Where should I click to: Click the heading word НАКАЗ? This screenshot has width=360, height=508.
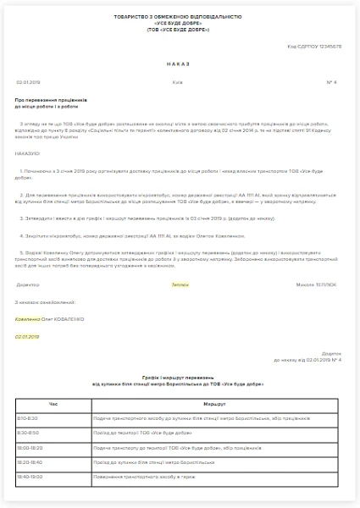(180, 63)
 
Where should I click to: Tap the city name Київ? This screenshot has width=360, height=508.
(176, 82)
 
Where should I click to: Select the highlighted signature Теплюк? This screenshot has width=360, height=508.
(180, 284)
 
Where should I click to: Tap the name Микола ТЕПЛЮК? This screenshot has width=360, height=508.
(319, 284)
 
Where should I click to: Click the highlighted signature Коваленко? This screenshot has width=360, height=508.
(28, 318)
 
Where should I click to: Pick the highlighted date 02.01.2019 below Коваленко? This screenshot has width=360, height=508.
(28, 336)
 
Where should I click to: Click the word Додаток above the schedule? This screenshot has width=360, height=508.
(332, 353)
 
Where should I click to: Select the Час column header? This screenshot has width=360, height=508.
(53, 404)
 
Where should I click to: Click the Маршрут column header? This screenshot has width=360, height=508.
(214, 404)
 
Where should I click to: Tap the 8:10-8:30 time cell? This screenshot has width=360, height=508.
(28, 418)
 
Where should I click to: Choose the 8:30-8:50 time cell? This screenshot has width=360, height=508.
(28, 433)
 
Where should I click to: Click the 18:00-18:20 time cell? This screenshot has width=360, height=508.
(30, 447)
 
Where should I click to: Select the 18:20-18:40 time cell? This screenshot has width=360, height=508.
(30, 462)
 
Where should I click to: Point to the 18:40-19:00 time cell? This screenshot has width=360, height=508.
(30, 477)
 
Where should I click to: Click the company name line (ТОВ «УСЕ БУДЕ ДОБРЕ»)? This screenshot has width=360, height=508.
(180, 30)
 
